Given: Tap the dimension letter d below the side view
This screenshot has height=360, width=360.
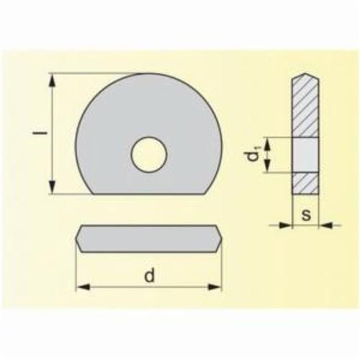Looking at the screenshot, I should point(148,275).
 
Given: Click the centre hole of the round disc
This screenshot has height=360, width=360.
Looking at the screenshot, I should point(149,153).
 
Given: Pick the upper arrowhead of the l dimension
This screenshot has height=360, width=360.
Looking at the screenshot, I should point(52,78).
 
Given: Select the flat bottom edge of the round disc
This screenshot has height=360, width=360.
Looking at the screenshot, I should point(149,194).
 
